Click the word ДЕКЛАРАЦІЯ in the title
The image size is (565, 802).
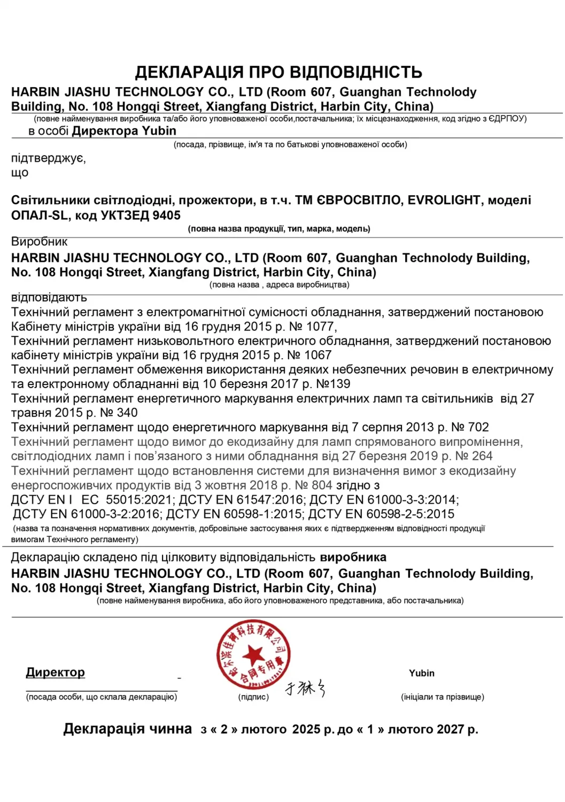pos(189,72)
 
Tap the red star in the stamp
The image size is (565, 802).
pos(253,655)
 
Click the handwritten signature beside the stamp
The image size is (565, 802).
pos(305,688)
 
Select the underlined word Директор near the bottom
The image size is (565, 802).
pos(56,672)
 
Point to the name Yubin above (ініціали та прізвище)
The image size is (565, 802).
pos(422,673)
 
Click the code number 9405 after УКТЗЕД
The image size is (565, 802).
pos(166,215)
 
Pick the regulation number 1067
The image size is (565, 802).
pos(318,356)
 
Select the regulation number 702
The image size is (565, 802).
pos(478,427)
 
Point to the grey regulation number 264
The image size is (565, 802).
pos(482,456)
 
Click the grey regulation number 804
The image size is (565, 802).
pos(322,485)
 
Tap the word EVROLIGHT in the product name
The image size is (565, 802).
pos(444,200)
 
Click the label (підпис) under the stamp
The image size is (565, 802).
pos(253,697)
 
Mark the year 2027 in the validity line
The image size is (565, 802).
pos(451,730)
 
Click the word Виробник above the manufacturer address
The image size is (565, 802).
pos(39,242)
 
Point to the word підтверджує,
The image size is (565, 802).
pos(48,158)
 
